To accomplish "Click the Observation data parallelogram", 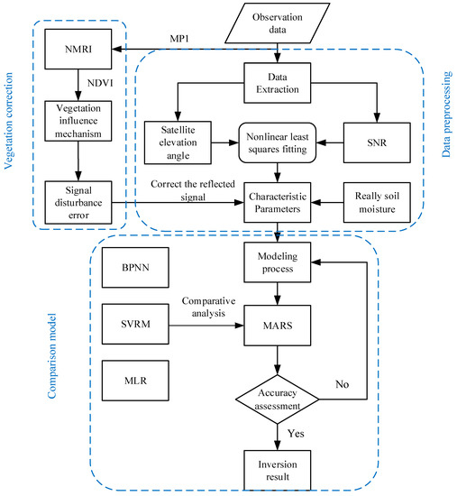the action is point(278,23).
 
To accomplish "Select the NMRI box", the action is point(78,49).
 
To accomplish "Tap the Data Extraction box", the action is point(278,83).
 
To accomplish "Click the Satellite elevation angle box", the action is point(178,142).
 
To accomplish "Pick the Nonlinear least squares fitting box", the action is point(278,142).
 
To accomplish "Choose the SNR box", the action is point(377,142).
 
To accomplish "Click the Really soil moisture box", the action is point(377,202).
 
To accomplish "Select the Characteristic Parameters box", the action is point(278,202).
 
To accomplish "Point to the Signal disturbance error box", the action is point(78,202).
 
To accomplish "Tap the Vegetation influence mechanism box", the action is point(78,121).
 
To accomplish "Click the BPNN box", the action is point(135,268).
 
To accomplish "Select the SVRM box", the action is point(135,324).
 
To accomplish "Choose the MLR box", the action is point(135,381).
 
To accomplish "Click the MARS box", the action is point(278,326).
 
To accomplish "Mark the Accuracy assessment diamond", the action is point(278,400).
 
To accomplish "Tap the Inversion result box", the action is point(278,471).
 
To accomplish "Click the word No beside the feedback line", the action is point(343,384).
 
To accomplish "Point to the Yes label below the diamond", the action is point(296,434).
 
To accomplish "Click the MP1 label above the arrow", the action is point(179,39).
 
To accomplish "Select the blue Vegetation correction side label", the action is point(8,121).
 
